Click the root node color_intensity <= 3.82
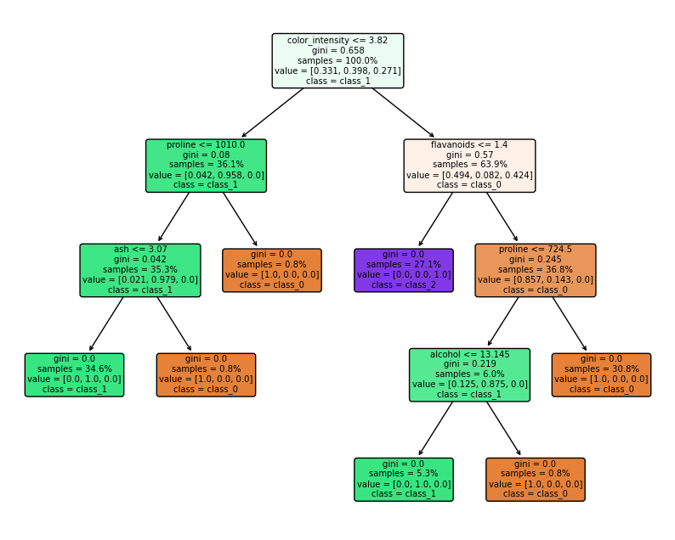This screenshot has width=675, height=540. click(337, 60)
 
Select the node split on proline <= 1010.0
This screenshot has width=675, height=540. click(206, 166)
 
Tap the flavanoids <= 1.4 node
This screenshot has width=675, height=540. click(469, 166)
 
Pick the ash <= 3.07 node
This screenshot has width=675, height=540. click(140, 270)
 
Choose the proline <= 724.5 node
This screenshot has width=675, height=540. click(536, 270)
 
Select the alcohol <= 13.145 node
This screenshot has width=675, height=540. click(469, 374)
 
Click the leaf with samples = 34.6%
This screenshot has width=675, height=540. click(74, 374)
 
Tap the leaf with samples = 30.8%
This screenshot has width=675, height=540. click(601, 374)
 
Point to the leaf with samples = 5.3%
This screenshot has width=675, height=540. click(404, 479)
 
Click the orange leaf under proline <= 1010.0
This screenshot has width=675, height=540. click(272, 270)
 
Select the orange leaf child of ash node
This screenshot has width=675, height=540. click(206, 374)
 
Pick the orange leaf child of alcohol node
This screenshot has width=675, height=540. click(536, 479)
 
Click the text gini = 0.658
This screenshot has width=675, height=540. click(337, 50)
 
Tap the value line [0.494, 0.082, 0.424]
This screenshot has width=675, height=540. click(469, 175)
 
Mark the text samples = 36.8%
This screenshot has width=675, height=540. click(536, 269)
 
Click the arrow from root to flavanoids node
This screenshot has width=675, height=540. click(403, 113)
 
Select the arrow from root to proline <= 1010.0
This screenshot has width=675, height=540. click(272, 113)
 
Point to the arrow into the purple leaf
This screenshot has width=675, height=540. click(436, 219)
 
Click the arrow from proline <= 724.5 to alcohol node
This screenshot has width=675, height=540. click(503, 323)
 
